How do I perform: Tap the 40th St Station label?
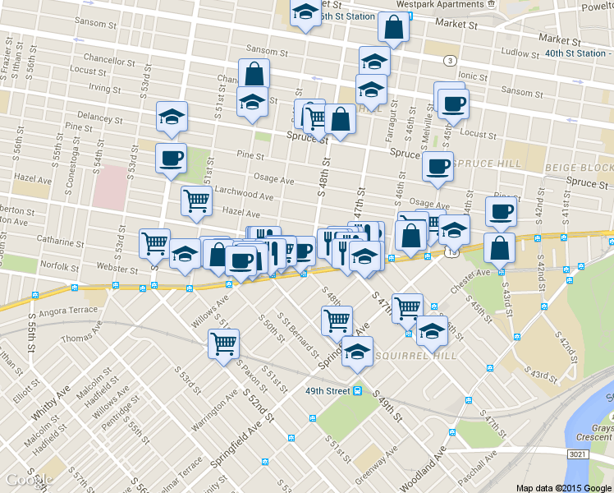pos(574,54)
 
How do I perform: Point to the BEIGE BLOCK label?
pos(578,168)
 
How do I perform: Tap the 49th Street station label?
pos(328,390)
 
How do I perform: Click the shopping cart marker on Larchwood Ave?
pos(196,200)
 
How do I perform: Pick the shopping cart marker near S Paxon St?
pos(223,343)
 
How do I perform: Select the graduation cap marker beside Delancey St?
pos(172,115)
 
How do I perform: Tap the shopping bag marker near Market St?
pos(394,27)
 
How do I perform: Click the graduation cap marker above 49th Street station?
pos(357,351)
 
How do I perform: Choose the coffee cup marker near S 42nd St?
pos(500,211)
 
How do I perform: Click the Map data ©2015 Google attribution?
pos(563,486)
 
